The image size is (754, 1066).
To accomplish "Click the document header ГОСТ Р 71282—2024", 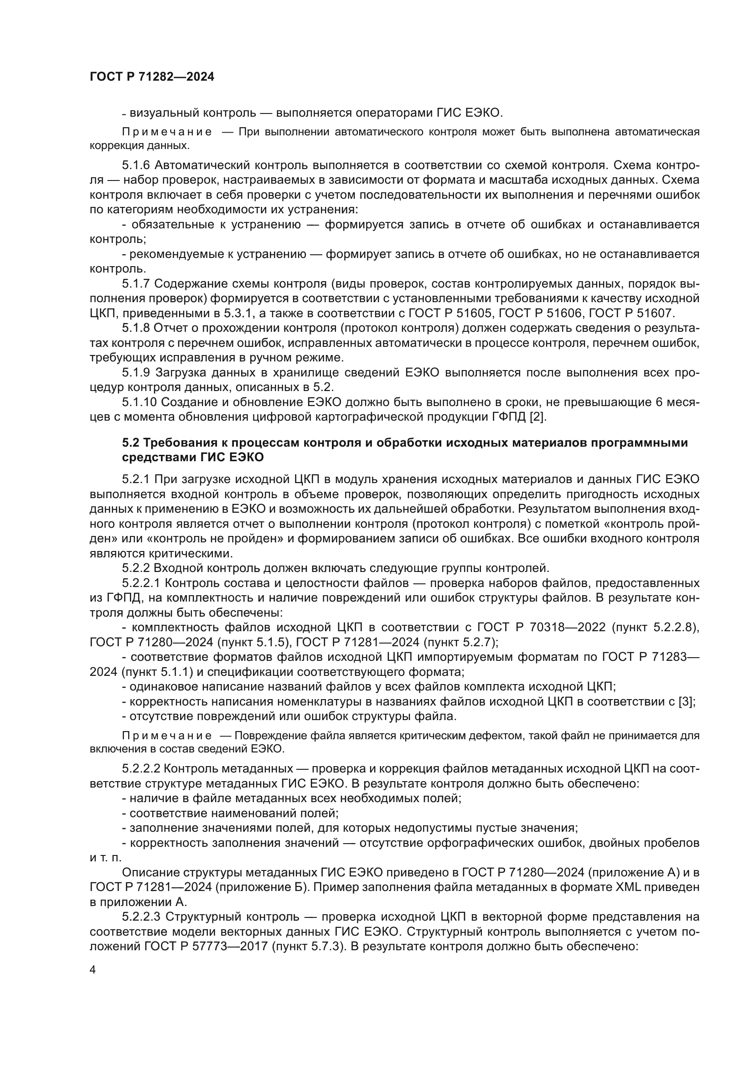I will (152, 77).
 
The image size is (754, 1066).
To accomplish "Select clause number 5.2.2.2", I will (143, 769).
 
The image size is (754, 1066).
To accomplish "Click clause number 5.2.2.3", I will (143, 917).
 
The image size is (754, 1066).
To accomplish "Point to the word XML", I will (628, 887).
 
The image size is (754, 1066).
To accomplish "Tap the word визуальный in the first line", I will (158, 113).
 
